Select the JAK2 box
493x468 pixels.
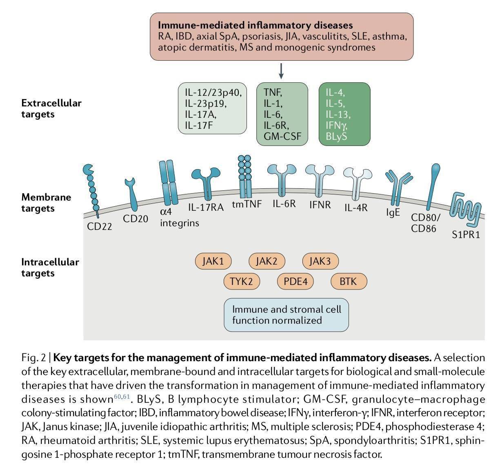point(266,261)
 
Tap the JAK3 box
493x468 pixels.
point(320,261)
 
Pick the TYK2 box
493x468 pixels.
point(241,281)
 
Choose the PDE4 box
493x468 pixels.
point(295,281)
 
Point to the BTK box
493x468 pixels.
point(348,281)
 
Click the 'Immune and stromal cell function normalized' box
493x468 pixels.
point(286,314)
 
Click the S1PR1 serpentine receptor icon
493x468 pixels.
point(465,209)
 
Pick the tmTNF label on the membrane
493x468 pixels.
point(246,203)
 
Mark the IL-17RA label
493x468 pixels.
point(206,208)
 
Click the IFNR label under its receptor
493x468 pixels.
point(320,204)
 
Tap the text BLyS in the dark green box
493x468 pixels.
point(336,136)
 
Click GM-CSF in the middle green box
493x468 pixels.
point(282,136)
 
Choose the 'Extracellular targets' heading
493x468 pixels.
point(51,108)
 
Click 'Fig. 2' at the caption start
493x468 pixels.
point(33,358)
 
